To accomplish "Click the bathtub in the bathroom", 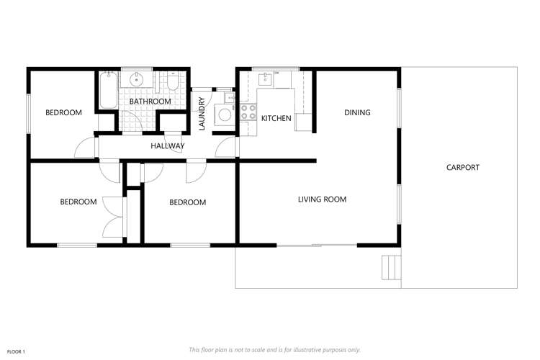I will (x=108, y=89).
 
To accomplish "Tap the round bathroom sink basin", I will (x=135, y=80).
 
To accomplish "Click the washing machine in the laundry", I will (x=225, y=114).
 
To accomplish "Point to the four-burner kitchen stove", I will (x=248, y=112).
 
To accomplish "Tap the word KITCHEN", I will (x=276, y=118).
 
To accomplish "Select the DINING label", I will (x=357, y=112).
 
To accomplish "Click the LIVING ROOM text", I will (x=322, y=199).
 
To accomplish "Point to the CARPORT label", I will (x=462, y=167).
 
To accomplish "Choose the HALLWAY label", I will (x=167, y=146).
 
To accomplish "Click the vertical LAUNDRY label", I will (x=202, y=114).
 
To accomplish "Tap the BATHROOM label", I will (x=150, y=102).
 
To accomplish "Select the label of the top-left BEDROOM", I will (x=63, y=112).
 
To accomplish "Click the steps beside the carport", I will (x=391, y=266).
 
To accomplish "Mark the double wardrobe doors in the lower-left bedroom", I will (x=113, y=216).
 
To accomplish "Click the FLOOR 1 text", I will (x=16, y=351).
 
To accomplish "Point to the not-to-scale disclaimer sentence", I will (x=274, y=349).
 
